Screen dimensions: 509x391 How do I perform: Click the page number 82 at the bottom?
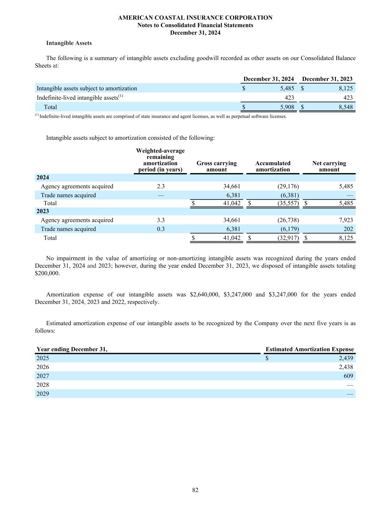coord(195,490)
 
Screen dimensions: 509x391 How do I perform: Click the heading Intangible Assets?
coord(69,43)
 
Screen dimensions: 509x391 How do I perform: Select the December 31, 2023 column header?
coord(327,79)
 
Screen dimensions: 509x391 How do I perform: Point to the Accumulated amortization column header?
coord(273,166)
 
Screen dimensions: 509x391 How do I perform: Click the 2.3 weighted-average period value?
coord(160,186)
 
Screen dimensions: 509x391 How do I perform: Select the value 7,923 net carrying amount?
coord(345,220)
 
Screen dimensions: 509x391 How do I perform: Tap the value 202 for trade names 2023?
coord(348,229)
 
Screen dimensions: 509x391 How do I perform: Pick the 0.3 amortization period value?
coord(160,229)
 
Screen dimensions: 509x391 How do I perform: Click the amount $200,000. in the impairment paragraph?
coord(47,273)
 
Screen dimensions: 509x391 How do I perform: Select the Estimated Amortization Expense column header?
coord(309,349)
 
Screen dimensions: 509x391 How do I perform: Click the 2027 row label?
coord(43,376)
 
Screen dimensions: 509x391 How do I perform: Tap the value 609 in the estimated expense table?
coord(348,376)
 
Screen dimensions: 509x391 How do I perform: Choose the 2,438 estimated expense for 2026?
coord(345,367)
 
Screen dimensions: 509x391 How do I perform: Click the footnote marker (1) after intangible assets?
coord(121,96)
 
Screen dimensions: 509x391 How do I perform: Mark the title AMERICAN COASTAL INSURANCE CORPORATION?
coord(195,18)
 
